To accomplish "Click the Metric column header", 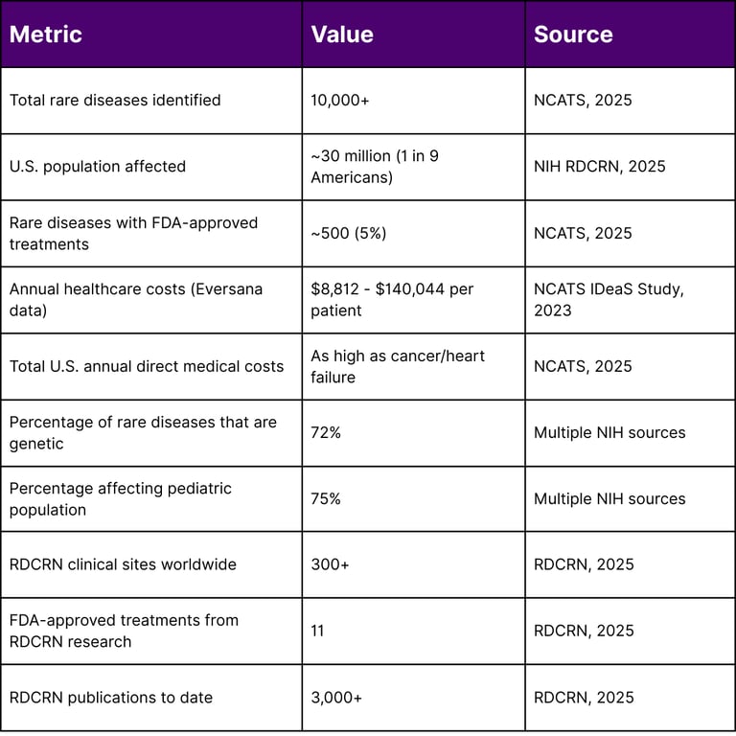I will (46, 34).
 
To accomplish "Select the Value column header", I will (342, 34).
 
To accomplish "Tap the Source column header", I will (573, 34).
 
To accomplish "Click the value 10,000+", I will (340, 100).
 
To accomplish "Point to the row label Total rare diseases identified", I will (115, 100).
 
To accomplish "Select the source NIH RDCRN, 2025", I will (599, 166).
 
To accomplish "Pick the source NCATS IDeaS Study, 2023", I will (609, 299).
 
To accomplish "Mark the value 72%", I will (326, 432).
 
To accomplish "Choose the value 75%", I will (326, 498).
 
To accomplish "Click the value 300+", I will (330, 564).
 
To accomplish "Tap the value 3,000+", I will (336, 698).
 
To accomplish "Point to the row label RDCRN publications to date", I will (111, 698).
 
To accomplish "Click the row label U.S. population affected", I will (98, 166).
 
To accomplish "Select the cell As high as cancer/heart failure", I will (398, 366).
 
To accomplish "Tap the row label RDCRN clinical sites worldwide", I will (123, 564).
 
